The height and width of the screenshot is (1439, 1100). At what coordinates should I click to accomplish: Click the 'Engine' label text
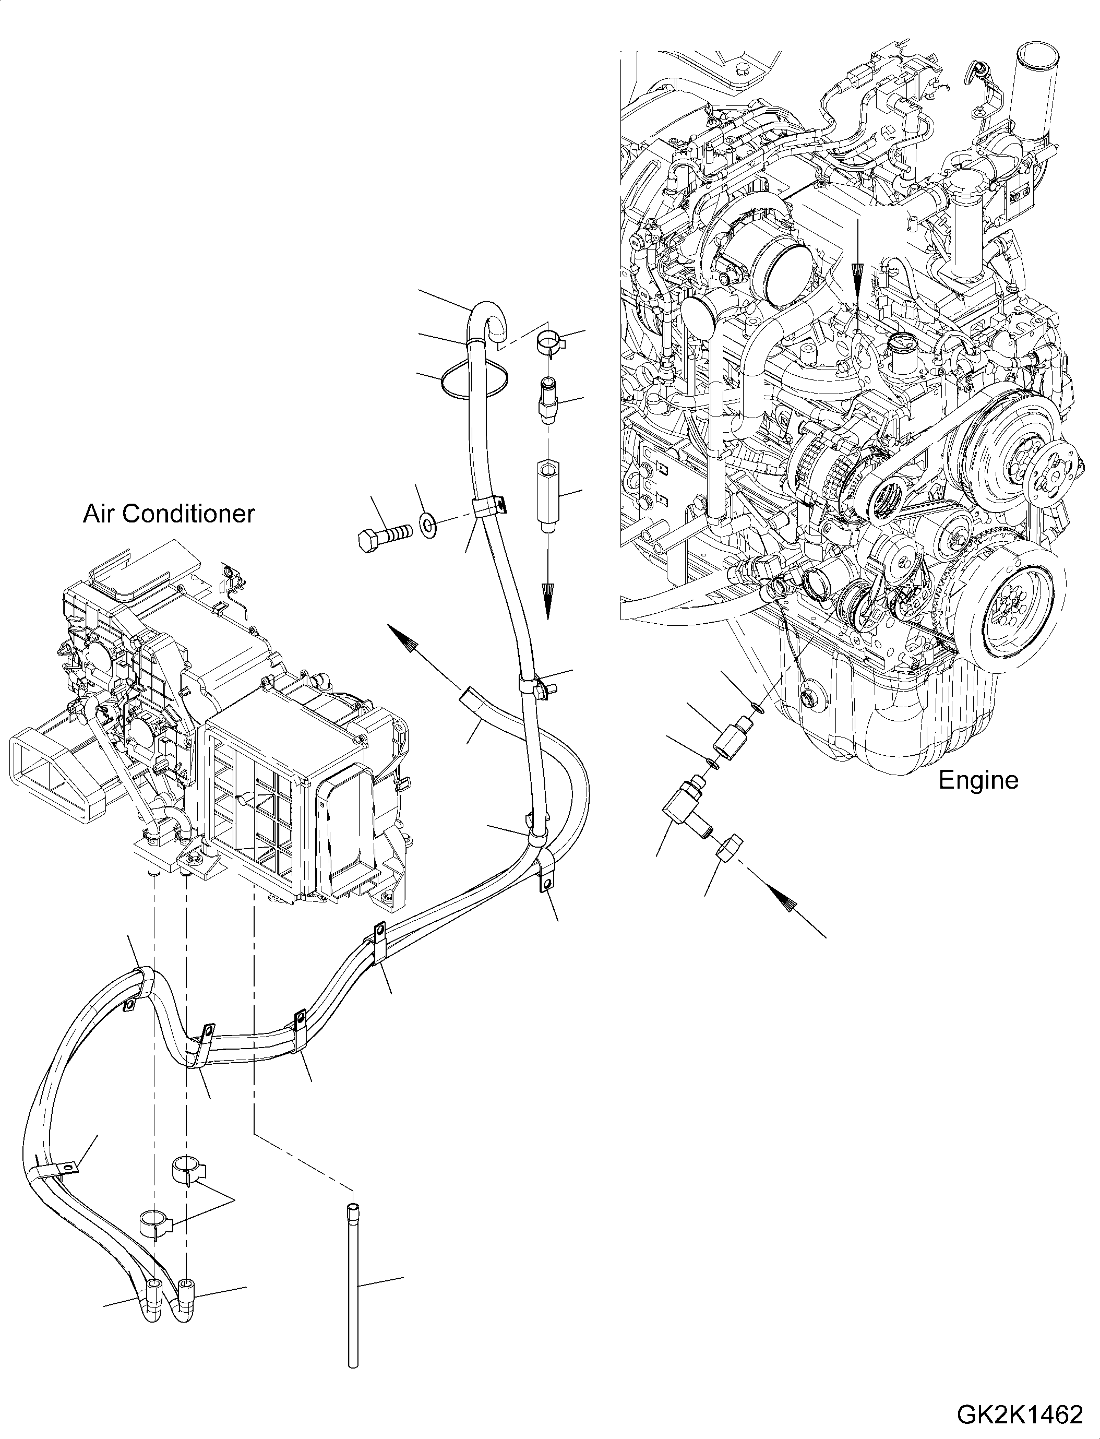pyautogui.click(x=978, y=780)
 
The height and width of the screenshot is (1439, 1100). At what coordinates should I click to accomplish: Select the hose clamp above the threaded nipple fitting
pyautogui.click(x=548, y=342)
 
